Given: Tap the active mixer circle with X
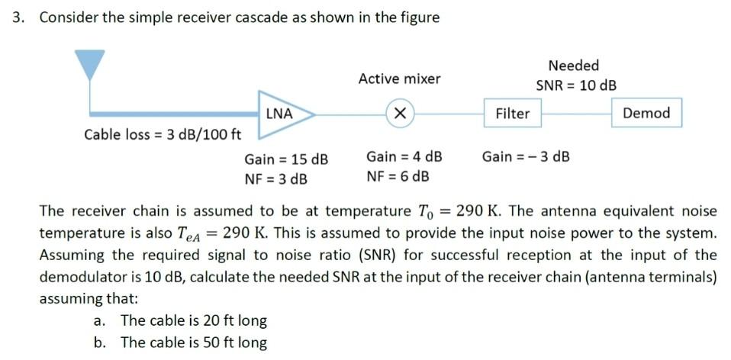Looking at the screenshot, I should pos(398,113).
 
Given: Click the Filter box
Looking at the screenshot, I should pos(512,114).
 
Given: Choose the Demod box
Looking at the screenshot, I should pos(646,113).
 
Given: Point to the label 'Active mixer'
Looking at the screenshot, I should pos(399,79).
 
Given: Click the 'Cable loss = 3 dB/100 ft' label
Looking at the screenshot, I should pos(163,135).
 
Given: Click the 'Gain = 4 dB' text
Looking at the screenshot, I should pos(404,157).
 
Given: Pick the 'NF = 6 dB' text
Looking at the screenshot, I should pos(398,177).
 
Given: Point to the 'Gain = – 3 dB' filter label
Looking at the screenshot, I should pos(526,157).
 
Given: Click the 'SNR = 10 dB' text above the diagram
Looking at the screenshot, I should pos(576,85).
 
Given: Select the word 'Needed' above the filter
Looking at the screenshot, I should pos(574,66).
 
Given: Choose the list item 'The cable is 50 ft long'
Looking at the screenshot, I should pos(193,342).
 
